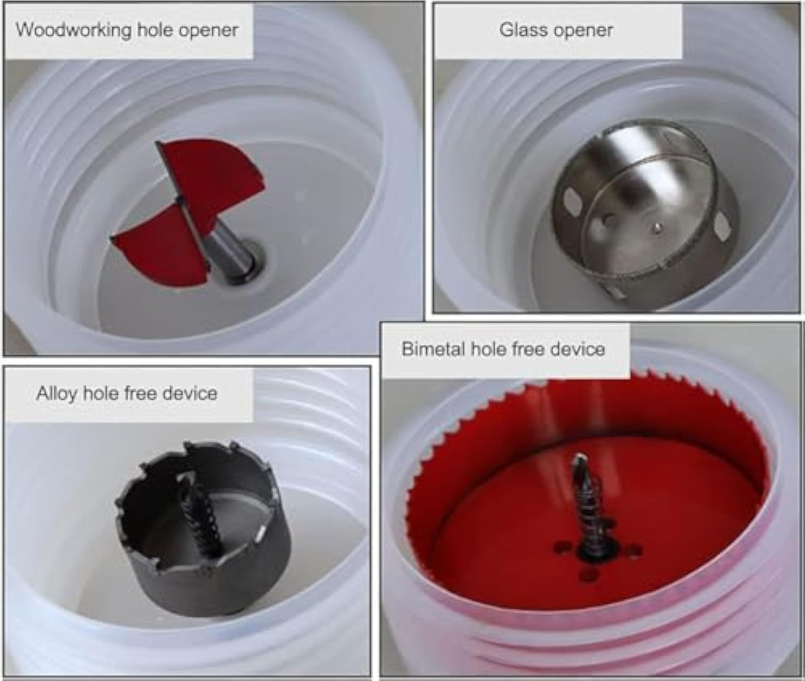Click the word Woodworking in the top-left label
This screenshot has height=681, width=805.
73,30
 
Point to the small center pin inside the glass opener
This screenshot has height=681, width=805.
656,228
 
